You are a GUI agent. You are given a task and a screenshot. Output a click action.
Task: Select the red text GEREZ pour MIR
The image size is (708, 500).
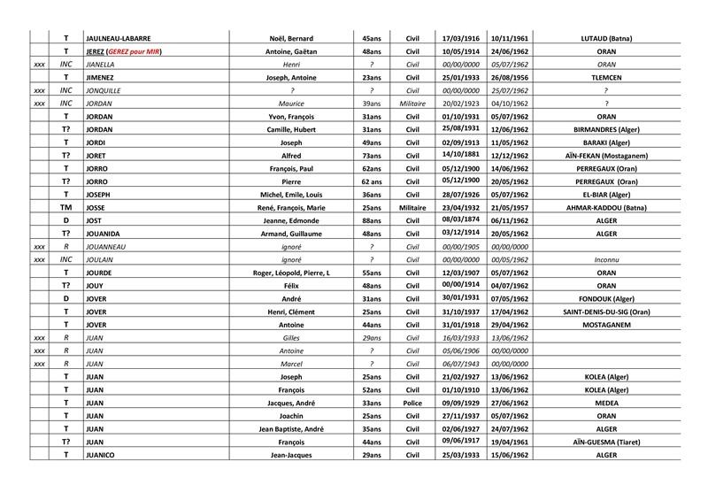(135, 51)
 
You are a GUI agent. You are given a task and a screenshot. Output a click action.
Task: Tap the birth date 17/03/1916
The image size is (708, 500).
(460, 38)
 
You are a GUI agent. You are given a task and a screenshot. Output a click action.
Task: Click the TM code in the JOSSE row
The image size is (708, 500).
(65, 207)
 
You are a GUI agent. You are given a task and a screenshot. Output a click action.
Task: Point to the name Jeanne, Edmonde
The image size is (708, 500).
(291, 220)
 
